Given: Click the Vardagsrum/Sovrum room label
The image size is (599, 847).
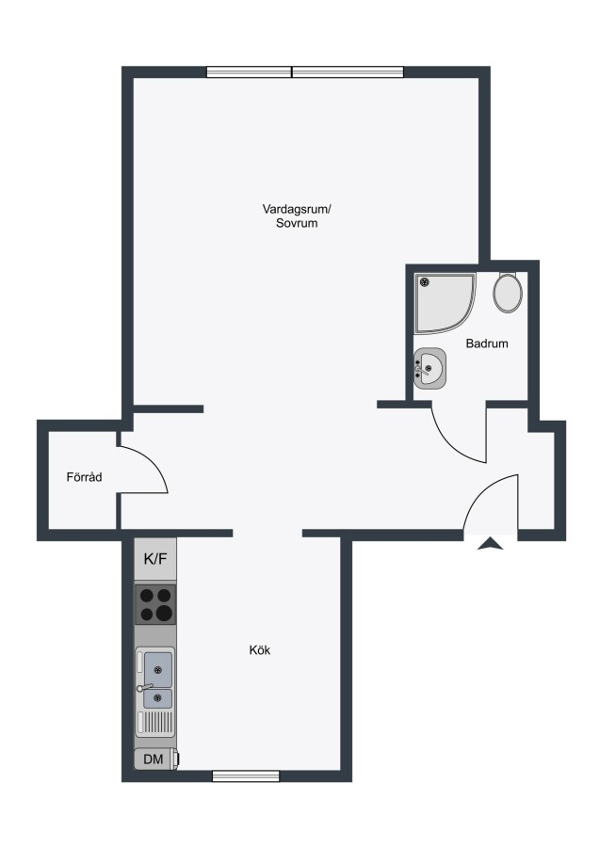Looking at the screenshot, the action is tap(297, 216).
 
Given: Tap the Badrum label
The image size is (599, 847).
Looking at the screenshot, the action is tap(487, 343).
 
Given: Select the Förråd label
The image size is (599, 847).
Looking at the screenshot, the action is tap(84, 477).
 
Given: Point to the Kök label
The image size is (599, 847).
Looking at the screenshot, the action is tap(260, 649).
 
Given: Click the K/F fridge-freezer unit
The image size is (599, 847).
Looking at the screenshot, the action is tap(155, 559).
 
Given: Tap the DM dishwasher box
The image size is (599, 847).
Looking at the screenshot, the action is tap(155, 759).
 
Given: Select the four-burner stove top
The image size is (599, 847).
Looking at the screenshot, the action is tap(155, 604).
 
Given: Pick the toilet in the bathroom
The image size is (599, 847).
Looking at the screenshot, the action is tap(508, 292).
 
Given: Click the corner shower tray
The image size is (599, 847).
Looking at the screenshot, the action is tap(445, 302).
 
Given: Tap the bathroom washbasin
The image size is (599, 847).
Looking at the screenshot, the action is tap(429, 368).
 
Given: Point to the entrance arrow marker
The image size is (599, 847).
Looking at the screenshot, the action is tap(491, 543).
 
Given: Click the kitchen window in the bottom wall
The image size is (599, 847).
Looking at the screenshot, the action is tap(246, 776).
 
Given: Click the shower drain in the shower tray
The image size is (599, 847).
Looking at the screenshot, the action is tap(425, 281).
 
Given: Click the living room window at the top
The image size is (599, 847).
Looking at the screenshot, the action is tap(305, 72).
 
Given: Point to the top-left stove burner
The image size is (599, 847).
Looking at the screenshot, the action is tap(147, 596).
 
